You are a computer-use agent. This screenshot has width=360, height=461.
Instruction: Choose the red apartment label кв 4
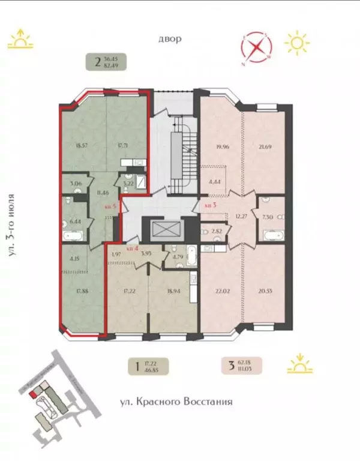coord(132,247)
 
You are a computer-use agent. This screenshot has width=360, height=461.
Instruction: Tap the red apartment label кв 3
coord(210,205)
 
